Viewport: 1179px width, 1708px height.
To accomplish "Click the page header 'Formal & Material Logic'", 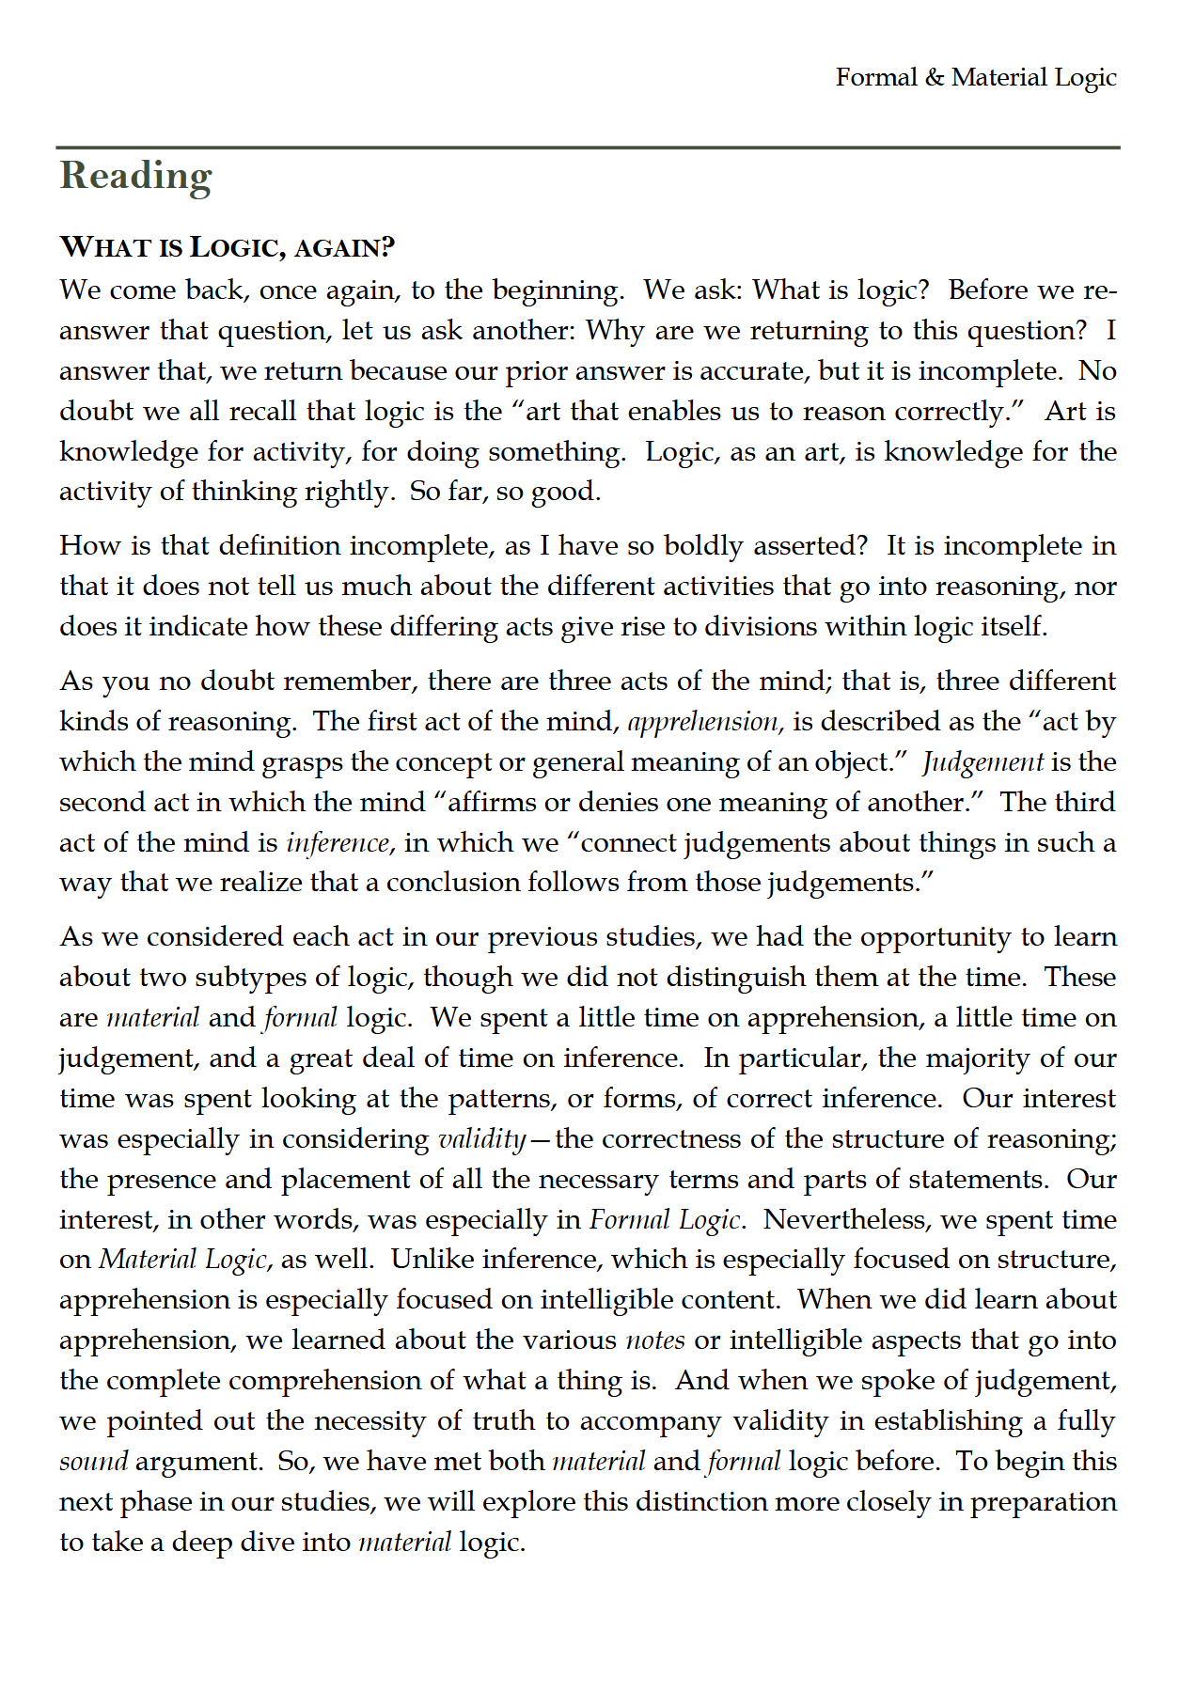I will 975,77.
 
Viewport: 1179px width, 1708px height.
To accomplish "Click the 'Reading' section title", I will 135,176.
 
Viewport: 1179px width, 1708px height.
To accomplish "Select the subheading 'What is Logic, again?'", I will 227,247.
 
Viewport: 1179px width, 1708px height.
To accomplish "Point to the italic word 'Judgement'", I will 982,762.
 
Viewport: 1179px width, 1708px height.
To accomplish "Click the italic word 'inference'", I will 338,843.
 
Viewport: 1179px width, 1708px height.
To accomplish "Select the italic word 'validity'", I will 481,1139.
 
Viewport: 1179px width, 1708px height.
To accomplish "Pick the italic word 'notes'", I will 655,1340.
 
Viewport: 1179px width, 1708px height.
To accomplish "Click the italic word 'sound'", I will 93,1463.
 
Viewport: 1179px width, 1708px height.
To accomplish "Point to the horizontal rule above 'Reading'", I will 588,148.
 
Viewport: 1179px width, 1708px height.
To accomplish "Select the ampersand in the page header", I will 934,77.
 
